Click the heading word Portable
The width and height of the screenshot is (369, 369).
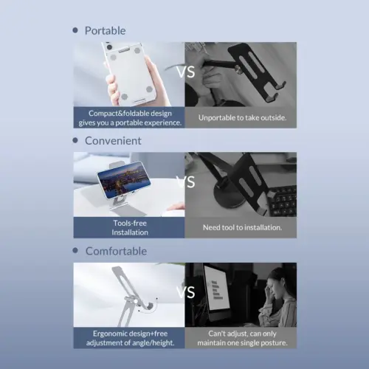point(105,30)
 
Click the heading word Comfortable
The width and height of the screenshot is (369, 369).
point(116,251)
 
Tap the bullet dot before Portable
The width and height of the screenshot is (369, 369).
point(75,30)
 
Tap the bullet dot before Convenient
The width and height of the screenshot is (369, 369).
point(75,140)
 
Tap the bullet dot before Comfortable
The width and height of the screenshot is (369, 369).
point(75,251)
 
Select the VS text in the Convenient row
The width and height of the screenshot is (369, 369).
point(184,182)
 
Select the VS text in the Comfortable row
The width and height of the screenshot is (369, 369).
point(184,292)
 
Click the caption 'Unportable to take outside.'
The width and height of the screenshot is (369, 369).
point(240,117)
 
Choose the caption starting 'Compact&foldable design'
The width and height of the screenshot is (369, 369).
point(128,117)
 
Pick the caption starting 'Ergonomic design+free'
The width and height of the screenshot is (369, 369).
point(128,337)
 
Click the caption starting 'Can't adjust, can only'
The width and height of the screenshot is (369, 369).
point(241,337)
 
